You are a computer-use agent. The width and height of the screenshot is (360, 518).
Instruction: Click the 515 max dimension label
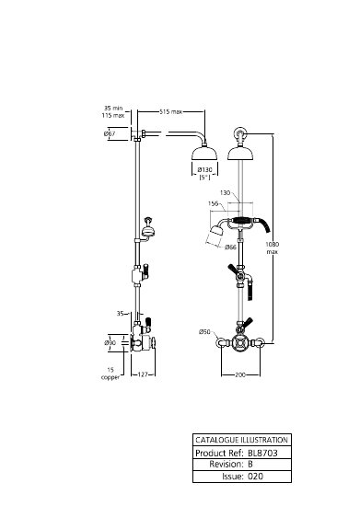171,112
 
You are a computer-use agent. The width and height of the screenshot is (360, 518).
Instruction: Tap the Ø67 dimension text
110,133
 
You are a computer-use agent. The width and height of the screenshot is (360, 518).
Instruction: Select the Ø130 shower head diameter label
205,170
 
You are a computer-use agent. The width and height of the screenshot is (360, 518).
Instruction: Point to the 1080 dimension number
273,244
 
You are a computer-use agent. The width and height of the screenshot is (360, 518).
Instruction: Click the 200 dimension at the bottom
240,375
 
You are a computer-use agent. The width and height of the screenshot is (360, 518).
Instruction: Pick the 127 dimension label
143,374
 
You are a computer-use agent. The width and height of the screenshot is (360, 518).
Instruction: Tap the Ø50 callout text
204,331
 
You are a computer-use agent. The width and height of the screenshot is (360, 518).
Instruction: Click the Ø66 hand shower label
230,247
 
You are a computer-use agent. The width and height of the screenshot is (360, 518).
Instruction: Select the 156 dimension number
214,203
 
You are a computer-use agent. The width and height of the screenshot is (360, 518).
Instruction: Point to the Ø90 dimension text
110,343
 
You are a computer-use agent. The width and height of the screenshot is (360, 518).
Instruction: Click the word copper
110,377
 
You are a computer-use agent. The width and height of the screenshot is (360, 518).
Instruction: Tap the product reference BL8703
262,453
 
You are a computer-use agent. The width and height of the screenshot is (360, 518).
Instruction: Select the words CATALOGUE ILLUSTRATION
241,440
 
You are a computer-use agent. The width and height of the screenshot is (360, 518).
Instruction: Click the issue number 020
256,476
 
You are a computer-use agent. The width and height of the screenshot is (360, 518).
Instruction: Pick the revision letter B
250,464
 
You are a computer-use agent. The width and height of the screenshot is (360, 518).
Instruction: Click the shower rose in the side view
204,154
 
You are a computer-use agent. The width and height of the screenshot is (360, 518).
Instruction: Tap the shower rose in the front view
240,154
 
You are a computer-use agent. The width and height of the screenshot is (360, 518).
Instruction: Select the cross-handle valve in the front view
240,343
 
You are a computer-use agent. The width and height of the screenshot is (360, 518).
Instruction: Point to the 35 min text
113,108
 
